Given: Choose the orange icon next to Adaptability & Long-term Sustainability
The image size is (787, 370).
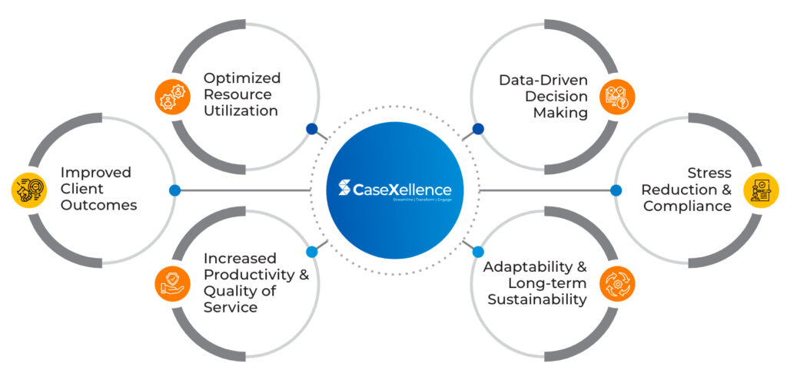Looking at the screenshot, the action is pos(617,282).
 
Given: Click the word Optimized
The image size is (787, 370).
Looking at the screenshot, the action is pos(242,78).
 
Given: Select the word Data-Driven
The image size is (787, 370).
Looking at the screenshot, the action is pos(543,80).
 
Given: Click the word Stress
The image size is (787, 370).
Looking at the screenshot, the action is pos(709,173).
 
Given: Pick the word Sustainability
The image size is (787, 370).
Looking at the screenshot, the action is pos(537,299).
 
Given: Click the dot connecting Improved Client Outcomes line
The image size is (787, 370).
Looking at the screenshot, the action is pos(174,190).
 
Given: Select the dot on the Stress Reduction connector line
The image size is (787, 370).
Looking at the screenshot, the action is pos(616,190).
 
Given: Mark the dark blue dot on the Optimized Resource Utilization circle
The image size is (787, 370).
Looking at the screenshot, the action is pos(311,129).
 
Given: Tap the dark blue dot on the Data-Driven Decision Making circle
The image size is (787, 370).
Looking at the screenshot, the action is pos(478,129).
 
